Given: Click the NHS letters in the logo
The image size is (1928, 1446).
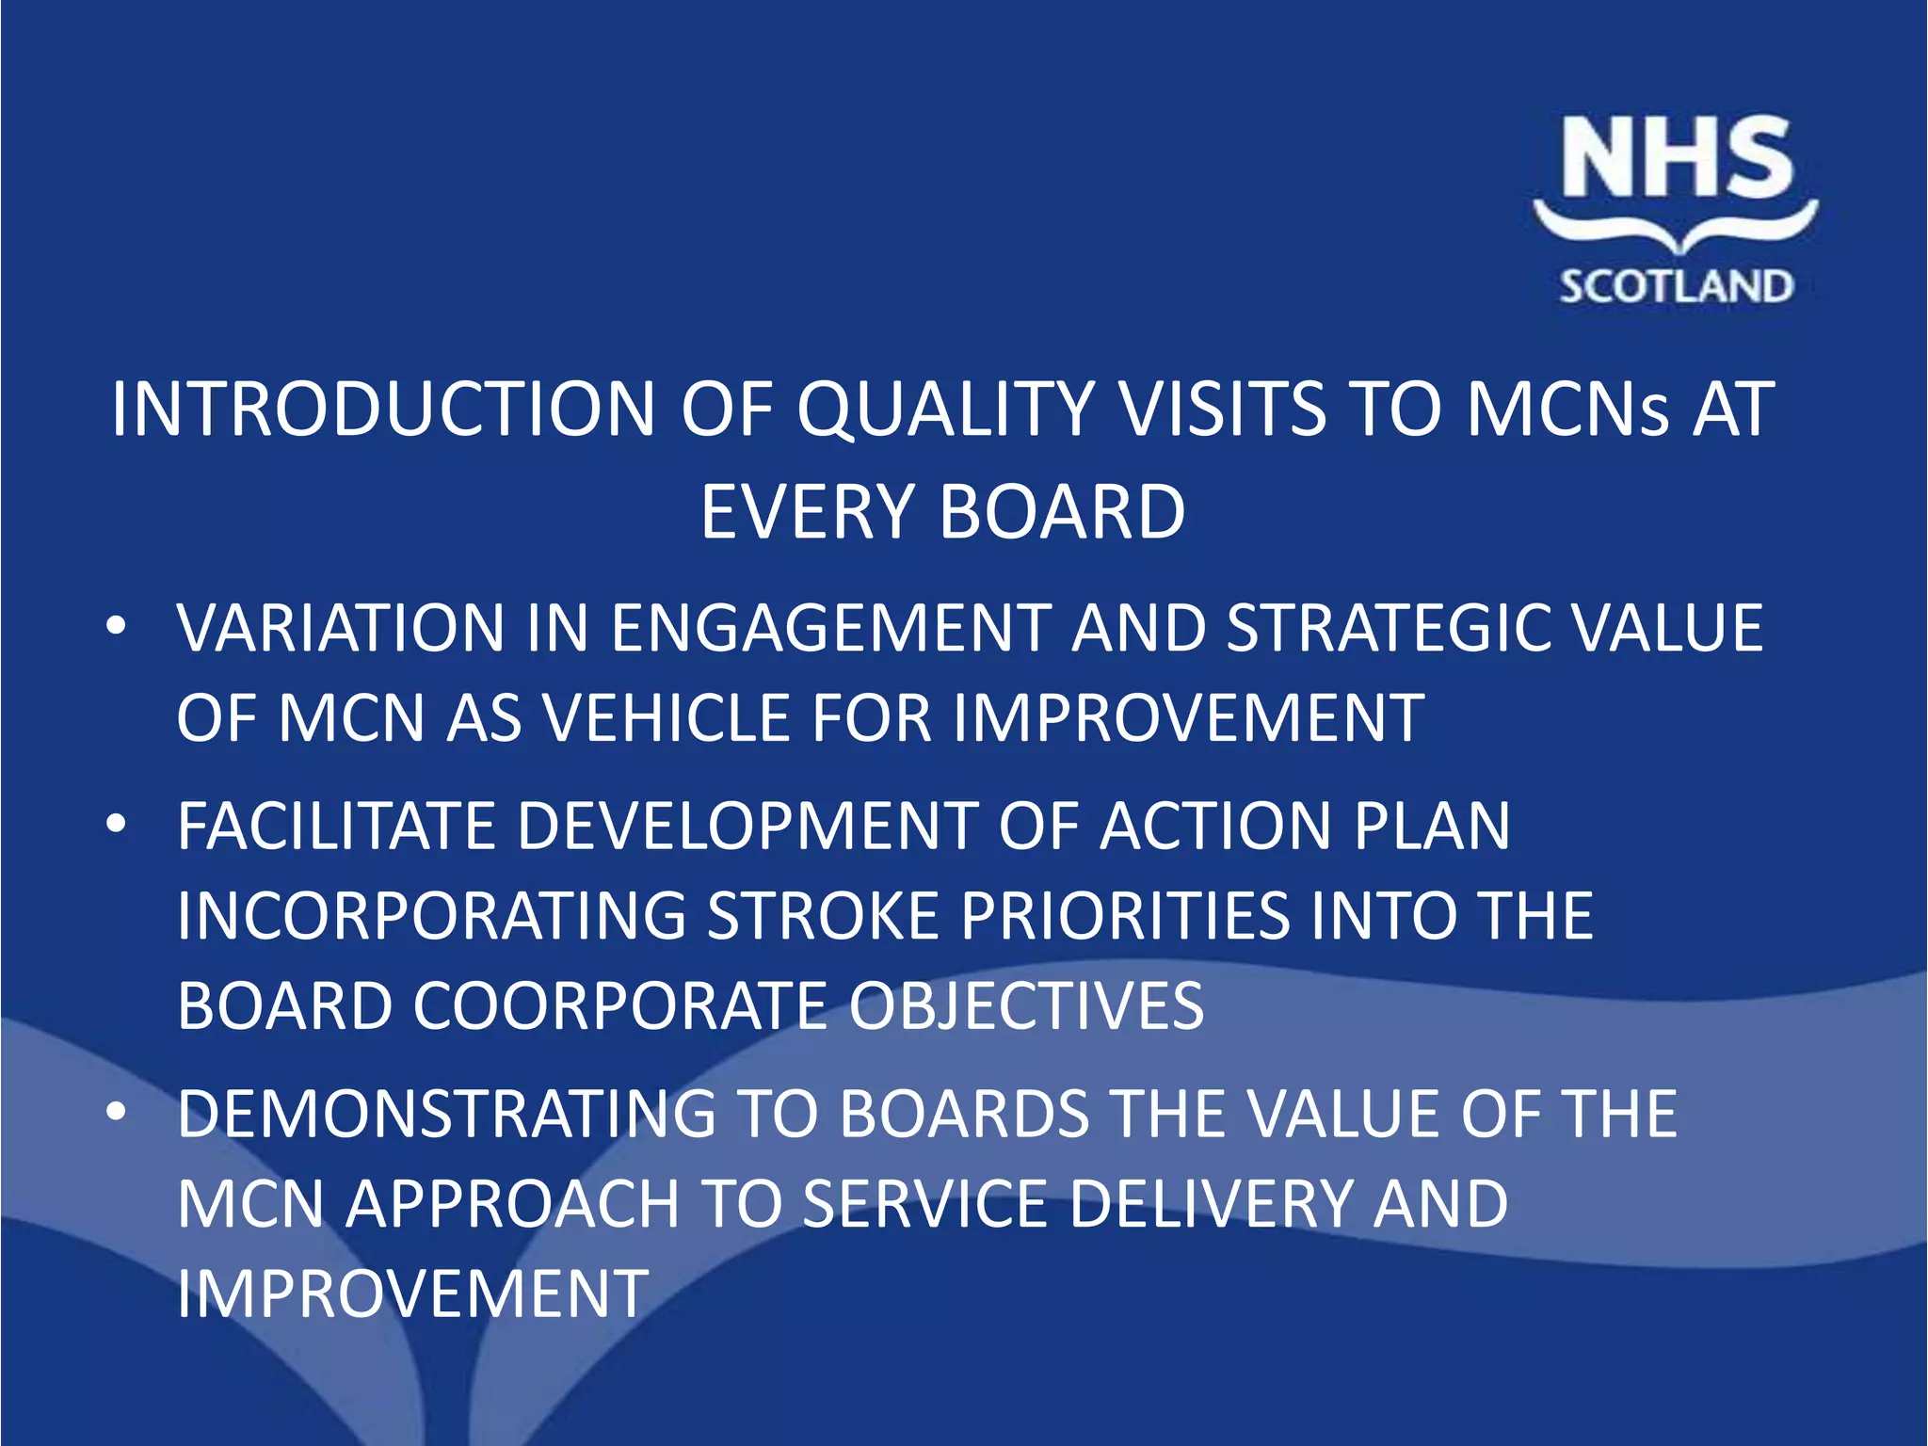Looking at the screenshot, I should tap(1677, 158).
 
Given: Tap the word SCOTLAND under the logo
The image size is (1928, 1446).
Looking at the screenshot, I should tap(1677, 286).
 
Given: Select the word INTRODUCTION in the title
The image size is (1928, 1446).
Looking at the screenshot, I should tap(382, 410).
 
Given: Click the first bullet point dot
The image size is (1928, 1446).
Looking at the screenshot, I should tap(116, 627).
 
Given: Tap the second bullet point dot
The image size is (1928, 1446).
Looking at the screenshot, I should tap(116, 825).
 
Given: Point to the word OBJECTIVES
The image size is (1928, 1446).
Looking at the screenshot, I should tap(1026, 1005).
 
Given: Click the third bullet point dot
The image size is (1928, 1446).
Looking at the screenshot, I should tap(116, 1112).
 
